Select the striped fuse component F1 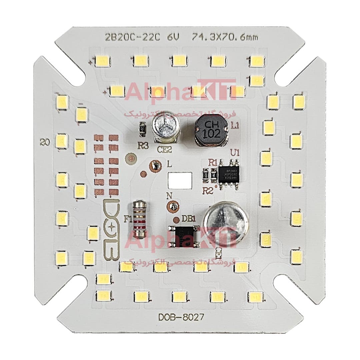(139, 219)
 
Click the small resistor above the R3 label (142, 130)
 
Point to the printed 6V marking (173, 37)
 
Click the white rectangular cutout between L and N (180, 181)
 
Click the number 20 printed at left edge (44, 143)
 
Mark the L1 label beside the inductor (235, 126)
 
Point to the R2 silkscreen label (208, 191)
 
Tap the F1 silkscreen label (128, 219)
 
